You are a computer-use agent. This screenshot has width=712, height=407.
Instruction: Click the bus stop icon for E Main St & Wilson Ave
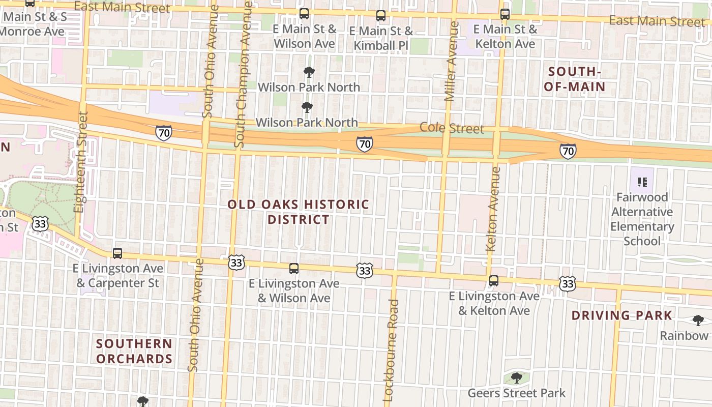click(x=304, y=14)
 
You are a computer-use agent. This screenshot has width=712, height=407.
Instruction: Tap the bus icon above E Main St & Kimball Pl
click(x=381, y=16)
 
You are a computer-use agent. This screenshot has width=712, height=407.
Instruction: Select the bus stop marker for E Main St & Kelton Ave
click(x=505, y=14)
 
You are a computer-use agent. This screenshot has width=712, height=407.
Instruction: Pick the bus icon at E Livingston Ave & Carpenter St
click(x=117, y=253)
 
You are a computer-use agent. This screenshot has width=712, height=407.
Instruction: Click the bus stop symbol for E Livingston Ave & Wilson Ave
click(x=294, y=268)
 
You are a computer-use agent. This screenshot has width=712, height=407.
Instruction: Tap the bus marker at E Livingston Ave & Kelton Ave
click(x=493, y=280)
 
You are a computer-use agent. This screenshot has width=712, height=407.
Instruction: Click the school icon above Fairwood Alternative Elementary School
click(x=642, y=182)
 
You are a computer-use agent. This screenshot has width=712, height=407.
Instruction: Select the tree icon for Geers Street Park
click(x=517, y=378)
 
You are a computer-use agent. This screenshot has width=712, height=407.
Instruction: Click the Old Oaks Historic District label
click(x=299, y=212)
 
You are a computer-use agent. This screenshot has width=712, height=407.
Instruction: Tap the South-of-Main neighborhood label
click(x=575, y=79)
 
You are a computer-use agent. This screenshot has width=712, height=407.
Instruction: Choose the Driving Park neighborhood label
click(x=622, y=315)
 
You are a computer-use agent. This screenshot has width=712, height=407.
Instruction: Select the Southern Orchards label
click(x=134, y=351)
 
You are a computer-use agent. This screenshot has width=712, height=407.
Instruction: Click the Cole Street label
click(x=452, y=128)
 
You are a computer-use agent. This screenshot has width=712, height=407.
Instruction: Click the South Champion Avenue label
click(x=243, y=74)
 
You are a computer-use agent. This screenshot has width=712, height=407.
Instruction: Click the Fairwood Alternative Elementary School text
click(x=642, y=219)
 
